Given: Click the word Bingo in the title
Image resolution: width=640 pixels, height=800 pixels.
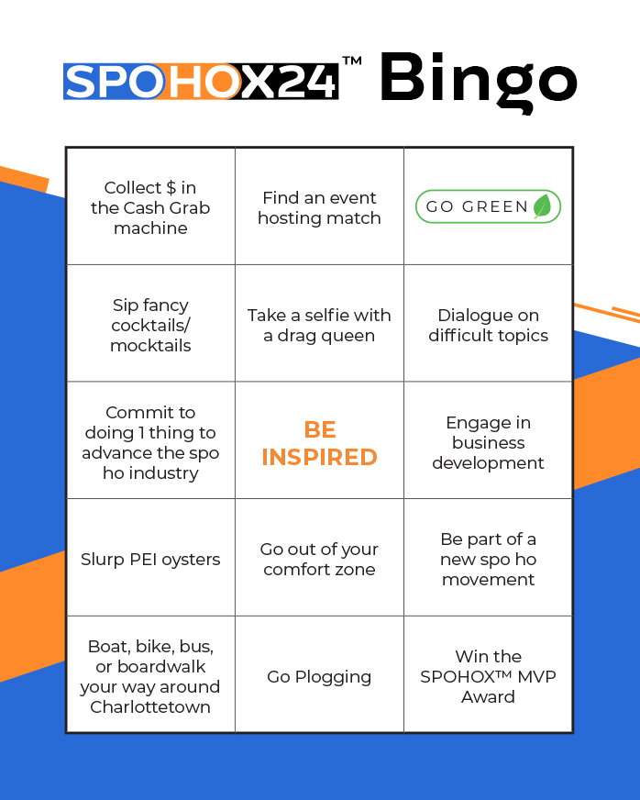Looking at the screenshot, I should (478, 80).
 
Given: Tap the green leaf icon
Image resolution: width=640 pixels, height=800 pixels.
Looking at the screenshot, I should (542, 206).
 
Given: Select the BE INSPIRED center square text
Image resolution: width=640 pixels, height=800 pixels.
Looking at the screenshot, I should (319, 443).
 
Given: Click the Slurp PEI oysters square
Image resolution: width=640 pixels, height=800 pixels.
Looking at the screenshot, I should (150, 559).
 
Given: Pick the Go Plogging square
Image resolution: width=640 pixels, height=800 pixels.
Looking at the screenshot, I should (319, 676).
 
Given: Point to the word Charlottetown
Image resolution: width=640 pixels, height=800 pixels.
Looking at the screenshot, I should (150, 706).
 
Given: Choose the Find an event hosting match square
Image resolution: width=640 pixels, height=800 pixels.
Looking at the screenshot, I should (319, 207).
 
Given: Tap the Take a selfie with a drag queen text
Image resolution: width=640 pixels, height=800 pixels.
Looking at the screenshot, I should (319, 325).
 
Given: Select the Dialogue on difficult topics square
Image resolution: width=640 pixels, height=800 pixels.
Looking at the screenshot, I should (488, 325).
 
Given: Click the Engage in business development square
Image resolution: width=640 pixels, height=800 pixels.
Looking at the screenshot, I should (488, 442).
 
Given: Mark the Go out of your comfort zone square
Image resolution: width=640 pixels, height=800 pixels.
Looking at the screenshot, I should (319, 559).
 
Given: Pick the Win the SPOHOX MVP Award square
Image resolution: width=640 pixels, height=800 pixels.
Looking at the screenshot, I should (488, 676).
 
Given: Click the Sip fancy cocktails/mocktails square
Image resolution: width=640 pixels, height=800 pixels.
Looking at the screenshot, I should (150, 325).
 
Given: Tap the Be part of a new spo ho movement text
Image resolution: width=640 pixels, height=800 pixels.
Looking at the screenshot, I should (488, 559).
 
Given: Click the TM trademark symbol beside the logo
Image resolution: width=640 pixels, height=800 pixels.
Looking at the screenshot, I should (351, 61).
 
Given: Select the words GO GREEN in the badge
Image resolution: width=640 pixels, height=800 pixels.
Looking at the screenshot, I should (477, 206).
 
